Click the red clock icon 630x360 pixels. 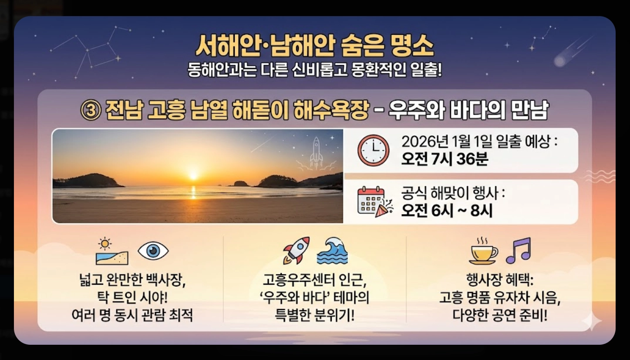(x=373, y=150)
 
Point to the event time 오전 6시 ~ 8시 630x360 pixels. (x=447, y=211)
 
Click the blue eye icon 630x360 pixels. (x=153, y=251)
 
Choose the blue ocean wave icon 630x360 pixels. (x=332, y=251)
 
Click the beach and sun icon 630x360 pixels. (x=112, y=252)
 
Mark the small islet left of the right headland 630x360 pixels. (x=240, y=184)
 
